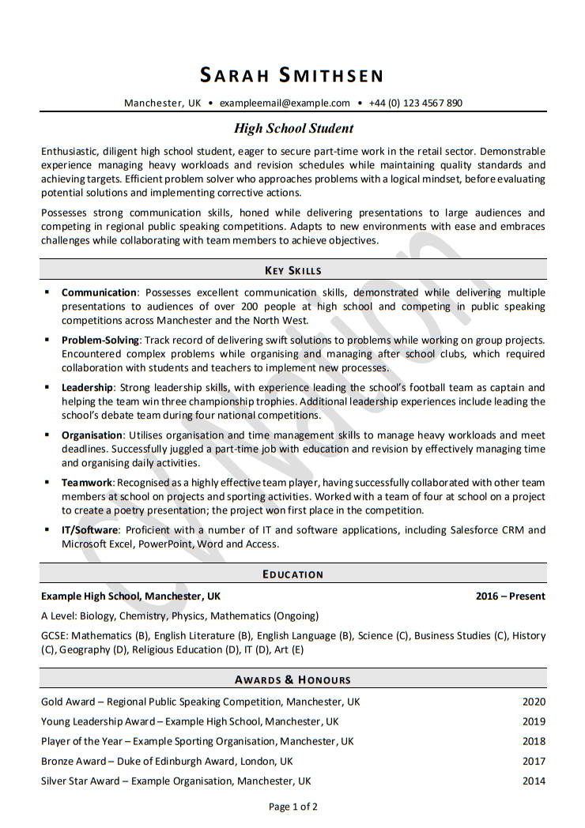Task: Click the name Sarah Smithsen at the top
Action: pyautogui.click(x=292, y=75)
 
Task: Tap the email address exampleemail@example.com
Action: pyautogui.click(x=285, y=103)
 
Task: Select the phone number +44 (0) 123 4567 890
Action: pyautogui.click(x=416, y=103)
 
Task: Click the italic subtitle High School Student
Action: pyautogui.click(x=293, y=128)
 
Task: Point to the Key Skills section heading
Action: pyautogui.click(x=292, y=270)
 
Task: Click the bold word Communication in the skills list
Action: pyautogui.click(x=100, y=292)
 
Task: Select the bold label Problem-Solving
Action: pyautogui.click(x=100, y=340)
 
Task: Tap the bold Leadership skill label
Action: pyautogui.click(x=88, y=387)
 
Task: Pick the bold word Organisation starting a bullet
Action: pyautogui.click(x=92, y=435)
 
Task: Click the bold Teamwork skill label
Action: pyautogui.click(x=87, y=482)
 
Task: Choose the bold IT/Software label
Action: pyautogui.click(x=89, y=529)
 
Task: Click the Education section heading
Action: pyautogui.click(x=292, y=574)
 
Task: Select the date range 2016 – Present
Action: pyautogui.click(x=510, y=596)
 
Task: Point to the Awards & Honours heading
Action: pyautogui.click(x=292, y=679)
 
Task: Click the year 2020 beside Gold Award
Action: pyautogui.click(x=534, y=702)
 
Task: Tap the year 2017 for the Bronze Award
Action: pyautogui.click(x=534, y=761)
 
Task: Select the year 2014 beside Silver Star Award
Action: pyautogui.click(x=534, y=781)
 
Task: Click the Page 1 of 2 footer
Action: pyautogui.click(x=293, y=807)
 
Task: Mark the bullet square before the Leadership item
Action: pyautogui.click(x=47, y=386)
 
